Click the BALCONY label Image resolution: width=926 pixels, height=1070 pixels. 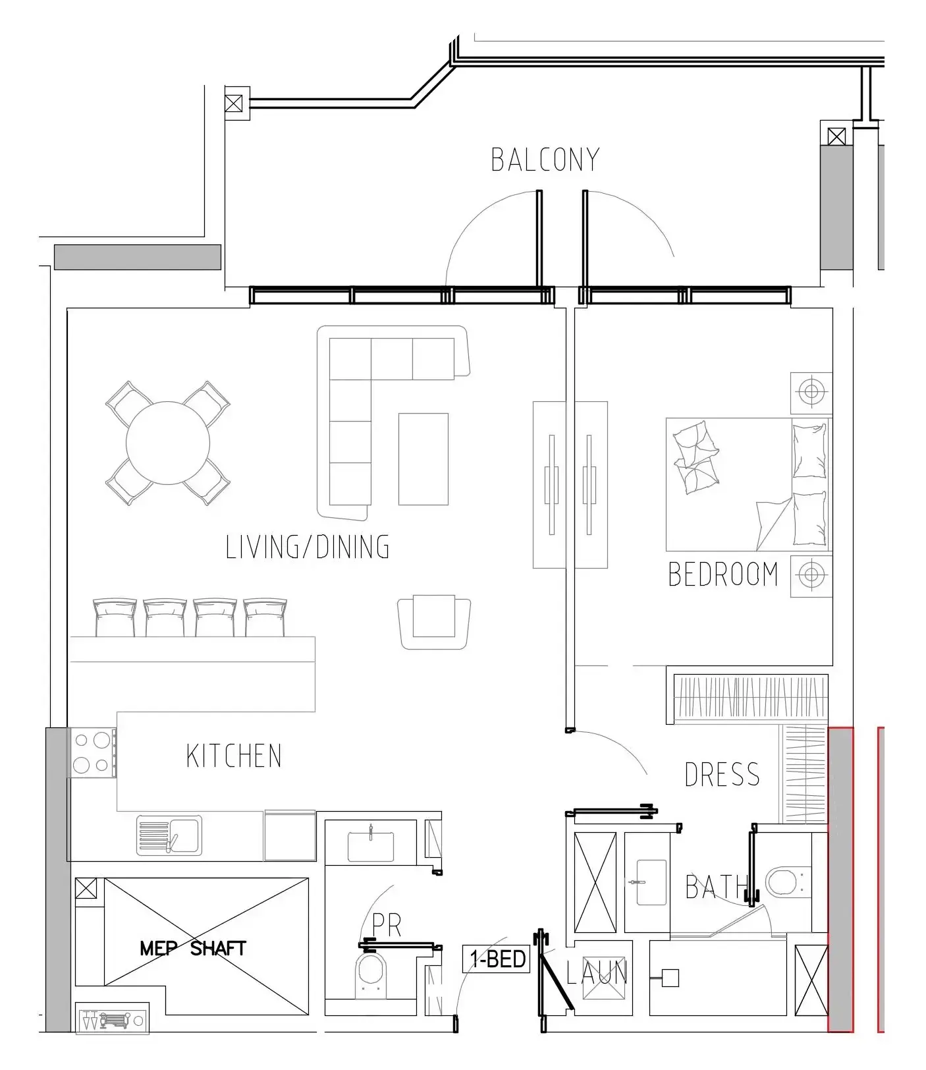(545, 160)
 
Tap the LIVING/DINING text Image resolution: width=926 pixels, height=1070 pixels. (308, 547)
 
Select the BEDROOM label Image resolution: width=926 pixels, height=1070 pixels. (722, 574)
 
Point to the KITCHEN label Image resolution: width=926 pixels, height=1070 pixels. (234, 756)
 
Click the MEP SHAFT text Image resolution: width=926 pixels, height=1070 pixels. (193, 948)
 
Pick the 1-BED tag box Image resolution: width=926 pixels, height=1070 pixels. (497, 959)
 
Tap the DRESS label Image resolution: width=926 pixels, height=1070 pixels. (722, 774)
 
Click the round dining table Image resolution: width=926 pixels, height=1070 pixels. (168, 443)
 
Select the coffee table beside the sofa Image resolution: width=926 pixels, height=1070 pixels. (423, 459)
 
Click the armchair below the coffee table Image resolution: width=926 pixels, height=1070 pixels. (434, 623)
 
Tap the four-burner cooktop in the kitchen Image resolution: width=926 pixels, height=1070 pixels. (92, 753)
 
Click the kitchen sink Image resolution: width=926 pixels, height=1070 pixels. (169, 835)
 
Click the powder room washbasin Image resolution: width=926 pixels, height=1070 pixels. (371, 845)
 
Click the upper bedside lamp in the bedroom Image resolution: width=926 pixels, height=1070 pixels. (811, 393)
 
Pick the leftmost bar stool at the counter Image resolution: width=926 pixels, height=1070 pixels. (115, 617)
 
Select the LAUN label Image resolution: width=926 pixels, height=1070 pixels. (597, 972)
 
